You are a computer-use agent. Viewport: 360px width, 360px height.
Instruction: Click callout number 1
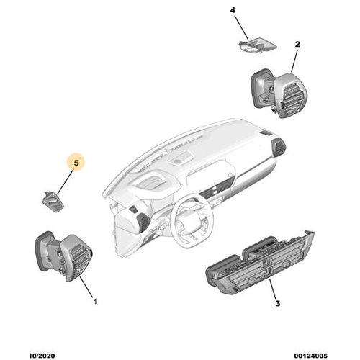pyautogui.click(x=95, y=301)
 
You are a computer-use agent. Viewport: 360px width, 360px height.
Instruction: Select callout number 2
pyautogui.click(x=297, y=44)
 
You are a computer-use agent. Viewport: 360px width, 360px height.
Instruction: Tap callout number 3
pyautogui.click(x=277, y=303)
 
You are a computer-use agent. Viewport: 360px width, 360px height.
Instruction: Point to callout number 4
pyautogui.click(x=233, y=10)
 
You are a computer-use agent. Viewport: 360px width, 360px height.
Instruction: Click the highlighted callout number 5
pyautogui.click(x=76, y=163)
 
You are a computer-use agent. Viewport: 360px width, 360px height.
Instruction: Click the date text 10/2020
pyautogui.click(x=42, y=356)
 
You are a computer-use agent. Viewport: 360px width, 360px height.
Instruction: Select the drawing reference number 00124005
pyautogui.click(x=311, y=356)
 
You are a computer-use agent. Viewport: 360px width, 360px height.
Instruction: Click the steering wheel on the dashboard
pyautogui.click(x=193, y=221)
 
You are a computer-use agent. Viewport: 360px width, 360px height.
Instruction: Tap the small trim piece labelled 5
pyautogui.click(x=53, y=202)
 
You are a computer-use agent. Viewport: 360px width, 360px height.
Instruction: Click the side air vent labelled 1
pyautogui.click(x=64, y=256)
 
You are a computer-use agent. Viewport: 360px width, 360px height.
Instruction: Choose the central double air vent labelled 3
pyautogui.click(x=261, y=264)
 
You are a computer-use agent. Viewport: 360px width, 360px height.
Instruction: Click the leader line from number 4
pyautogui.click(x=242, y=27)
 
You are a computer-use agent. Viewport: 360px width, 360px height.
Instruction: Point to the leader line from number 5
pyautogui.click(x=66, y=181)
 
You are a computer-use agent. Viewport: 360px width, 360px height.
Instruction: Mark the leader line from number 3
pyautogui.click(x=273, y=289)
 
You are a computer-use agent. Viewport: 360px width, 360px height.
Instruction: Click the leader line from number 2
pyautogui.click(x=294, y=60)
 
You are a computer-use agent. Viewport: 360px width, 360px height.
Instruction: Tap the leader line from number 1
pyautogui.click(x=86, y=287)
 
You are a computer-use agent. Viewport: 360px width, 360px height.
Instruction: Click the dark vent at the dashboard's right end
pyautogui.click(x=279, y=147)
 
